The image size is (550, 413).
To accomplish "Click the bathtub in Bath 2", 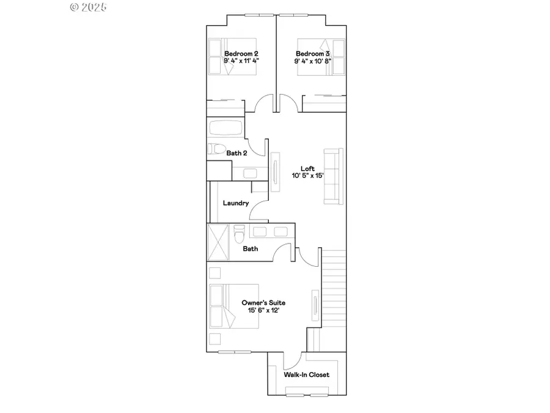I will (x=226, y=128).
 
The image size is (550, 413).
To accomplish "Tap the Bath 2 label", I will (x=237, y=153).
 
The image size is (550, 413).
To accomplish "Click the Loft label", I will (x=307, y=168).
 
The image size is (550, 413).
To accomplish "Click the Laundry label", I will (x=235, y=203).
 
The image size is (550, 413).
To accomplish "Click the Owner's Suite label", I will (x=263, y=303).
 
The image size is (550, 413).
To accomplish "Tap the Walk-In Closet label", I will (x=306, y=374).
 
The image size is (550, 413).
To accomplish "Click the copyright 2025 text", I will (x=89, y=7).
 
